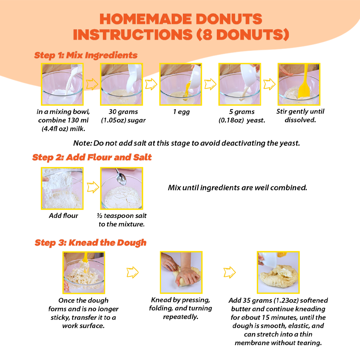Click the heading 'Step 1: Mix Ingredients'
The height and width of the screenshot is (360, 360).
[86, 55]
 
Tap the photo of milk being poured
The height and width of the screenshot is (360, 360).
[62, 84]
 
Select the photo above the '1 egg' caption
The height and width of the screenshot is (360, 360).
[181, 84]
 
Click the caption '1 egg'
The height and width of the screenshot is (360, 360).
[181, 112]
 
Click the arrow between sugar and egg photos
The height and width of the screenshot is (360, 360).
[151, 84]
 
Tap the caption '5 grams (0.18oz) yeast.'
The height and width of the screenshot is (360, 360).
[242, 116]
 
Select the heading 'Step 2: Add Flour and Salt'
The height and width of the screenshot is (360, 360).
[92, 157]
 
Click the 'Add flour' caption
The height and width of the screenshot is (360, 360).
[63, 216]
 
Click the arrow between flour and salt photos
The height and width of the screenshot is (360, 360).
[92, 187]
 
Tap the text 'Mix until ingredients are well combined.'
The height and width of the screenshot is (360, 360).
[237, 187]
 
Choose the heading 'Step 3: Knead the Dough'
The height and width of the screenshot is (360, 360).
[90, 242]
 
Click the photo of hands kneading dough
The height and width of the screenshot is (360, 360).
[181, 272]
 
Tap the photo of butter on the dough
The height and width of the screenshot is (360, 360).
[278, 272]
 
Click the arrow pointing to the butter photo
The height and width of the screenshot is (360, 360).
[229, 272]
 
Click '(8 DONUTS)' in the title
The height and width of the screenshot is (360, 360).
[242, 34]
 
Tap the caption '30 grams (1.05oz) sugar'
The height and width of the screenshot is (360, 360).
[121, 116]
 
